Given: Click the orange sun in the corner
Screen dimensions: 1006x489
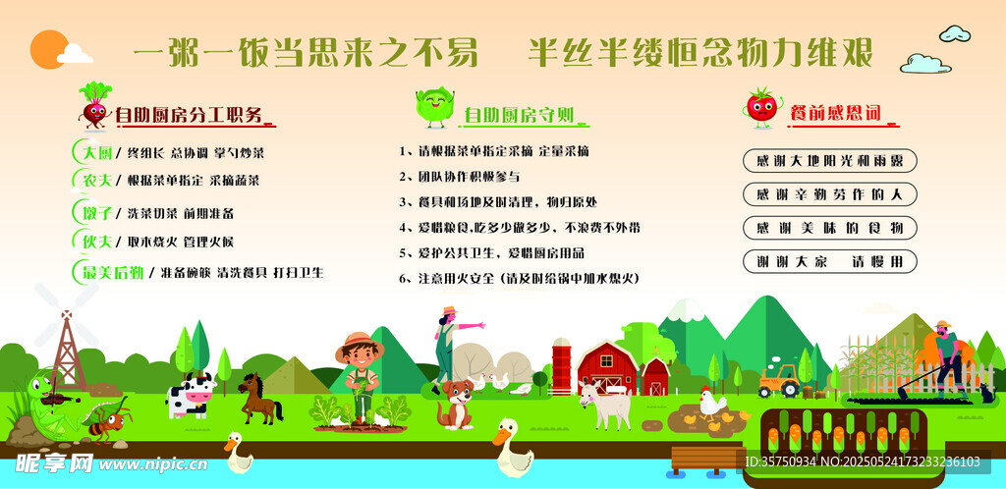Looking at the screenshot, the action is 49,49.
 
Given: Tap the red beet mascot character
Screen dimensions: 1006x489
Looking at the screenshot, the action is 95,105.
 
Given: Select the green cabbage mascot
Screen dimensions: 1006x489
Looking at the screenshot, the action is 434,106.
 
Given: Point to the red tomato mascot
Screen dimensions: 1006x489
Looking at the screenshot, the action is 761,107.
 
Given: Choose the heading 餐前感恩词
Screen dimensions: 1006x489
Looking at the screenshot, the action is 834,114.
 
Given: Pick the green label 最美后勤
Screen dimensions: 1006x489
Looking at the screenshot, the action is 109,272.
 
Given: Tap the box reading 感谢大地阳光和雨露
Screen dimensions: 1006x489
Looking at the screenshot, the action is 829,161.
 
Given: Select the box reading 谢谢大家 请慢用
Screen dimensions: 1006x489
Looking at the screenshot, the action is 829,261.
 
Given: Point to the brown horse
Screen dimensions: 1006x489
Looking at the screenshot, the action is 259,398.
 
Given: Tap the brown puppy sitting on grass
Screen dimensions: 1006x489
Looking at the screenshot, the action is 456,404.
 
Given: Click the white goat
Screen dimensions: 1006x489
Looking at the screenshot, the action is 605,405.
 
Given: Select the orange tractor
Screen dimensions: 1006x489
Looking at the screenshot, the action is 779,380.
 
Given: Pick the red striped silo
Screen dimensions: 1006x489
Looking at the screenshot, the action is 561,365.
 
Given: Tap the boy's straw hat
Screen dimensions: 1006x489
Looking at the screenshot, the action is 360,344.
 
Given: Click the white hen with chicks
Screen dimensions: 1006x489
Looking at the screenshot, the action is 712,403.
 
